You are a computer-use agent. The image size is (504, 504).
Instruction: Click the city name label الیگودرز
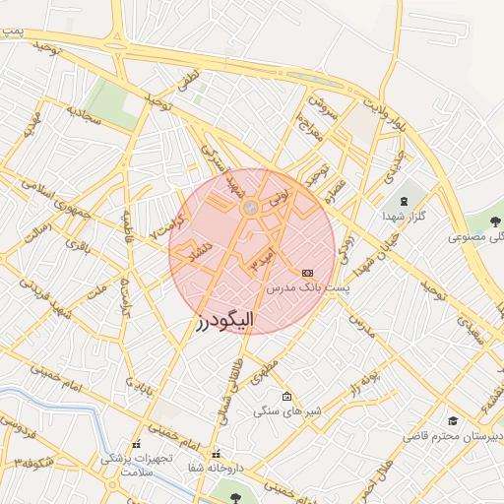tap(225, 320)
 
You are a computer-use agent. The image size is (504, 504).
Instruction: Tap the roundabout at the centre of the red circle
tap(251, 208)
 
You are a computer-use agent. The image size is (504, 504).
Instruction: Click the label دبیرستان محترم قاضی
tap(453, 435)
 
